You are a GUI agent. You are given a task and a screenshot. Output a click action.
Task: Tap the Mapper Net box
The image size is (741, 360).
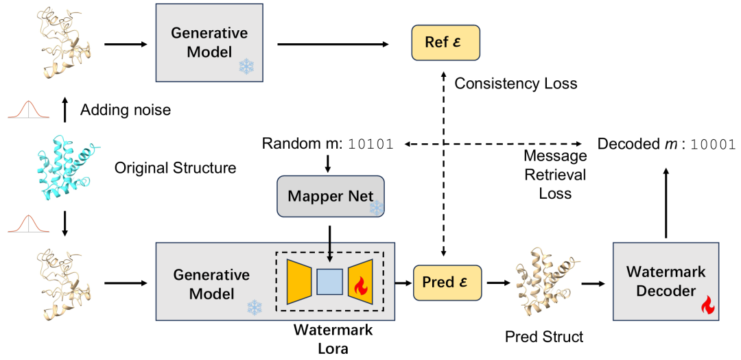tap(331, 197)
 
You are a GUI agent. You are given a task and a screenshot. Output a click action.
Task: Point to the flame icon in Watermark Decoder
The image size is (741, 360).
tap(706, 306)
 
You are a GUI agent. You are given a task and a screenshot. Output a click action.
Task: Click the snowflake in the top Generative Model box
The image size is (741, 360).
tap(246, 67)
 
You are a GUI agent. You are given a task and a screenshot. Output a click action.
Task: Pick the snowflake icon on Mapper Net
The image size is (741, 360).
tap(375, 206)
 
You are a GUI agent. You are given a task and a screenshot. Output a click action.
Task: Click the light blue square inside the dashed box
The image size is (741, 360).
tap(329, 282)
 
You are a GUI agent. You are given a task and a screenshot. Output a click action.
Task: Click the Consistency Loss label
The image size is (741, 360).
tap(515, 84)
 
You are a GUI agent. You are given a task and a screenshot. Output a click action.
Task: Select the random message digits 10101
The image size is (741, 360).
tap(370, 145)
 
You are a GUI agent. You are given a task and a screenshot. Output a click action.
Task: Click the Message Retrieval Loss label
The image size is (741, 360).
tap(555, 174)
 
